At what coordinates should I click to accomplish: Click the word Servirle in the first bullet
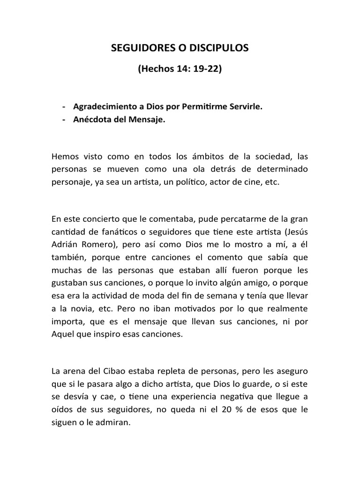[x=246, y=106]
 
